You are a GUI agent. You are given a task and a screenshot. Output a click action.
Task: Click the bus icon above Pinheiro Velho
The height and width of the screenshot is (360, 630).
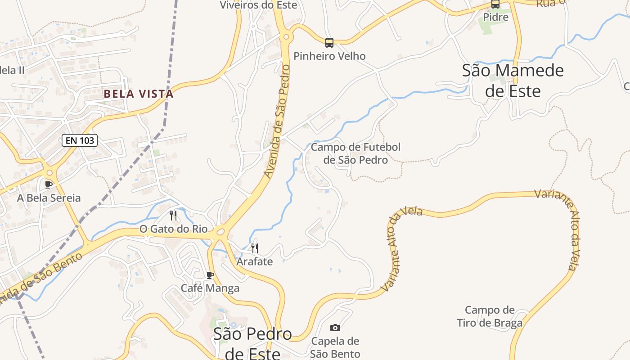tap(329, 43)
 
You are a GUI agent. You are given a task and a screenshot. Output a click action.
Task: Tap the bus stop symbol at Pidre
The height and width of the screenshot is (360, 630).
tap(495, 4)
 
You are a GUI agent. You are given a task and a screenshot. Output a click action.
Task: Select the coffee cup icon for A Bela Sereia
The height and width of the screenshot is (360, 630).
tap(49, 184)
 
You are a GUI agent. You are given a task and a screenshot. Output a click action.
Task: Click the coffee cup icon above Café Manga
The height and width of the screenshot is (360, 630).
tap(210, 275)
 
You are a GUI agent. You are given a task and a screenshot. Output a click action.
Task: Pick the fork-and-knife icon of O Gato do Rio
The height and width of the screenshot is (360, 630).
tap(173, 216)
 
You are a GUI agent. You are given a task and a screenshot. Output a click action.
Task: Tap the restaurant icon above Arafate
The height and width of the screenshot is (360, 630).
tap(255, 248)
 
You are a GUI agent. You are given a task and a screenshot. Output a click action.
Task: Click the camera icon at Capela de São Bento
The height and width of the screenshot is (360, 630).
tap(335, 328)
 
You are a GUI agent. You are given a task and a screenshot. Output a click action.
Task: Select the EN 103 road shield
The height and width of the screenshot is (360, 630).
tap(80, 140)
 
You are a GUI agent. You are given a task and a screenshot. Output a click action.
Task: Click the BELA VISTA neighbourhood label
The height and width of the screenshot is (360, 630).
tap(139, 94)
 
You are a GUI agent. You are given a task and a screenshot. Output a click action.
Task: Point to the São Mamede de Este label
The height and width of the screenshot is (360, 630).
tap(513, 81)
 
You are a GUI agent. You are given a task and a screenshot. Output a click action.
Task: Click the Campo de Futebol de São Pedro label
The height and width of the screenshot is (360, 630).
tap(355, 153)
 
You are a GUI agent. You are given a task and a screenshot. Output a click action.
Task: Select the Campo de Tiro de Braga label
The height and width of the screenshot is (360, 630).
tap(490, 316)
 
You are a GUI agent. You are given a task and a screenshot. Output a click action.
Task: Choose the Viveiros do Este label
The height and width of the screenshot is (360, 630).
tap(258, 5)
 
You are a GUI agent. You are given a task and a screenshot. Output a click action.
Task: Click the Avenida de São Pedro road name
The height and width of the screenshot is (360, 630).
tap(276, 121)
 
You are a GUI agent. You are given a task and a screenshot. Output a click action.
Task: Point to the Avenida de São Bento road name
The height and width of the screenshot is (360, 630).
tap(40, 278)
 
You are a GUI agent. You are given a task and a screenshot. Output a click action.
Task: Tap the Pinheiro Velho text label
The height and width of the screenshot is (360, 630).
tap(329, 56)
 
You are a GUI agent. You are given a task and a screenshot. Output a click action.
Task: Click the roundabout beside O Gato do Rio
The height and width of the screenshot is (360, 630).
tap(220, 232)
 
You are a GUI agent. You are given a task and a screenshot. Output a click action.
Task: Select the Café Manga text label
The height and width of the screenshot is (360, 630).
tap(210, 288)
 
